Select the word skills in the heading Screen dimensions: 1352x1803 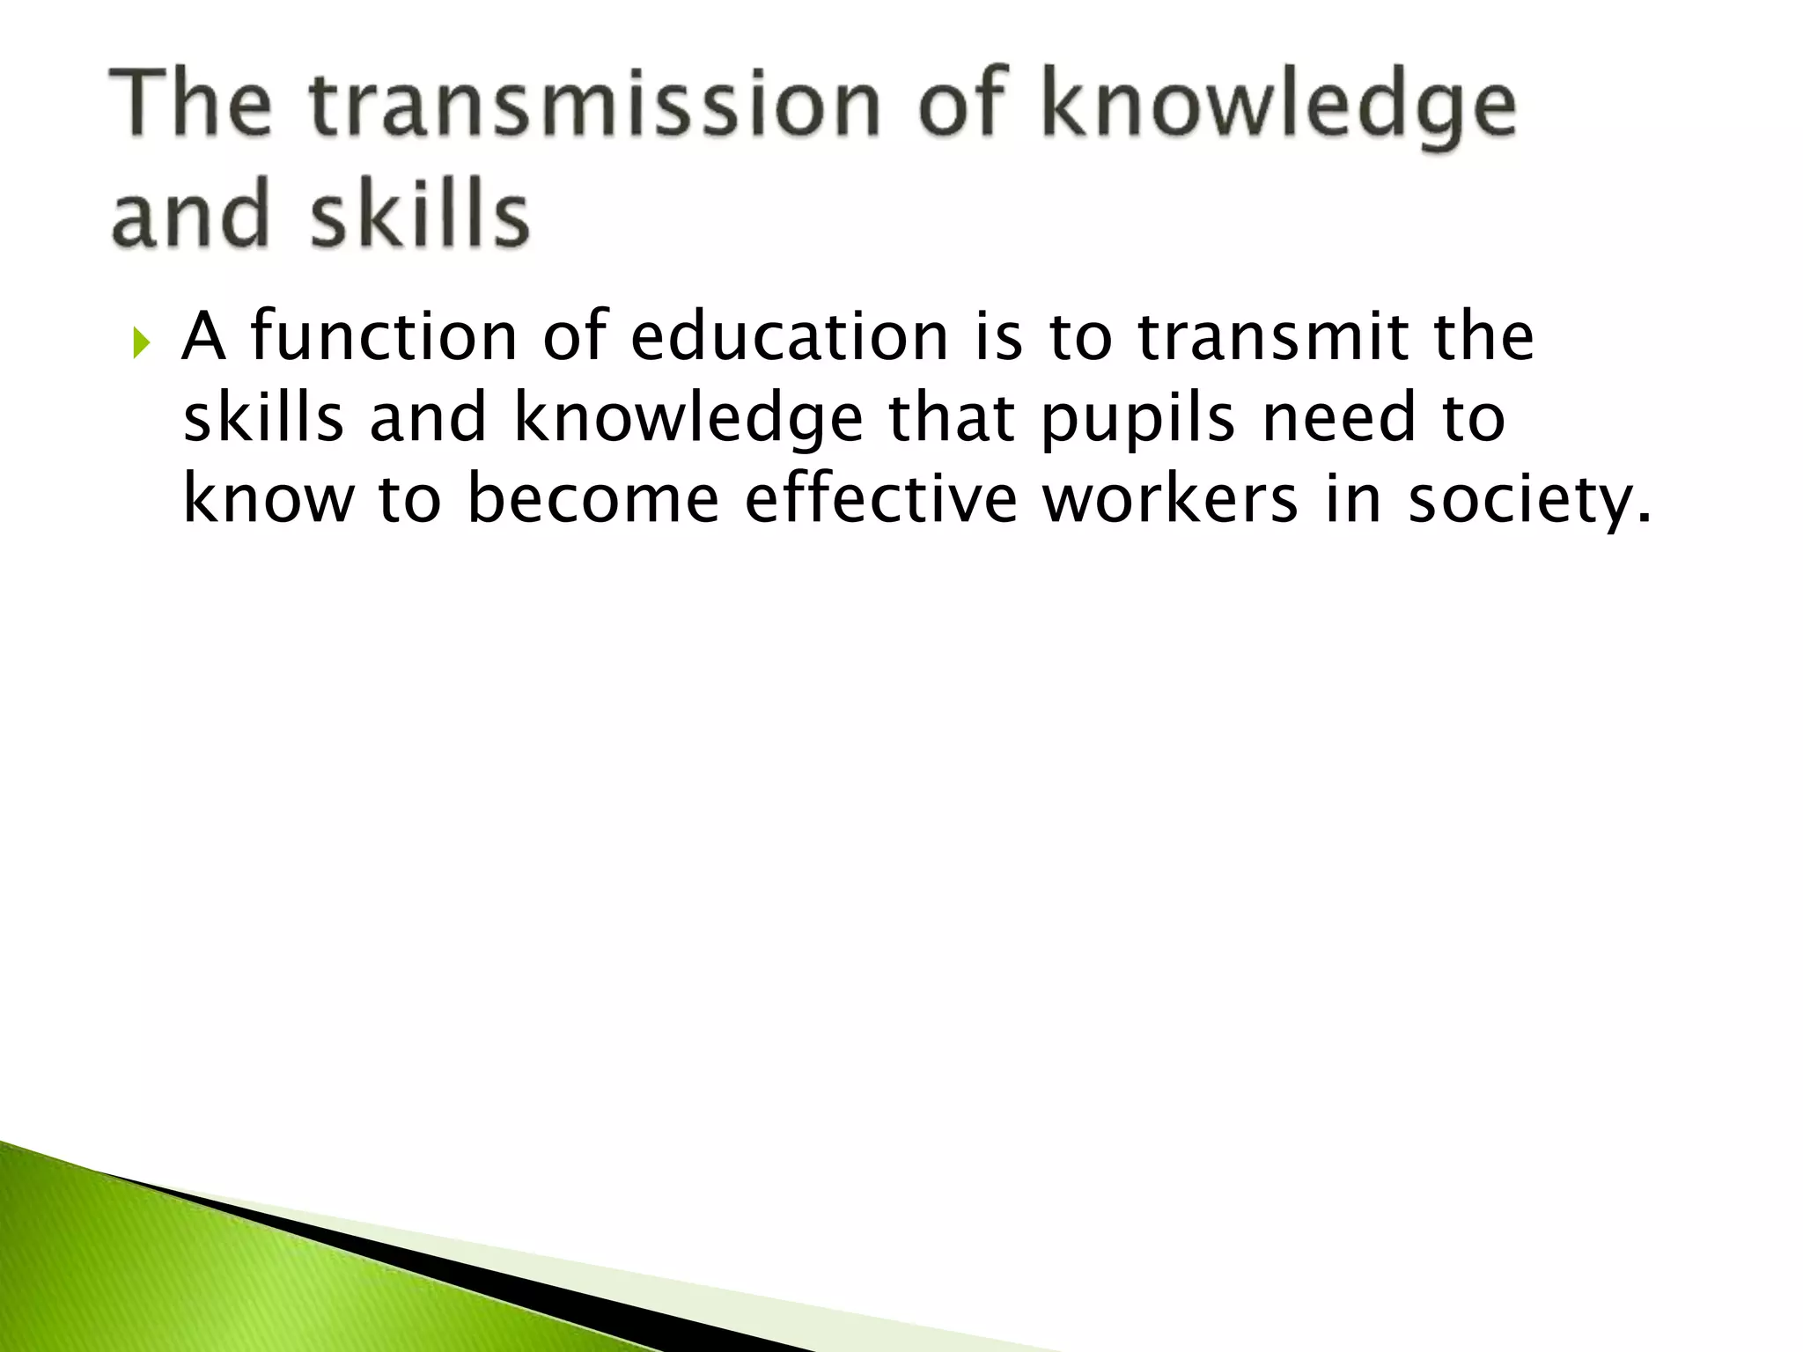[420, 214]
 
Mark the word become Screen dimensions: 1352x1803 [592, 499]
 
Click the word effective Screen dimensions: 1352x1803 [881, 499]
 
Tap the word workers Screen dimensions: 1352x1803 [1170, 499]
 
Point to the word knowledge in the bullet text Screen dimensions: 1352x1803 [688, 420]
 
